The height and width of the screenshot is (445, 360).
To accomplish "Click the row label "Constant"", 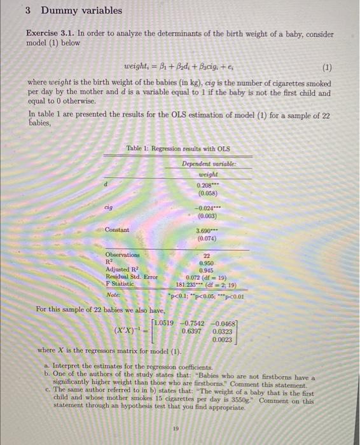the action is pyautogui.click(x=117, y=229).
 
